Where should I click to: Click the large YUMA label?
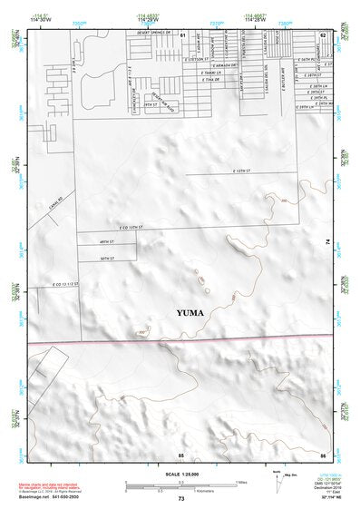pyautogui.click(x=190, y=313)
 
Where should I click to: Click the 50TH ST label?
pyautogui.click(x=105, y=259)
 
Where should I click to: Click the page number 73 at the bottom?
pyautogui.click(x=181, y=499)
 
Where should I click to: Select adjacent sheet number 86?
pyautogui.click(x=323, y=455)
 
